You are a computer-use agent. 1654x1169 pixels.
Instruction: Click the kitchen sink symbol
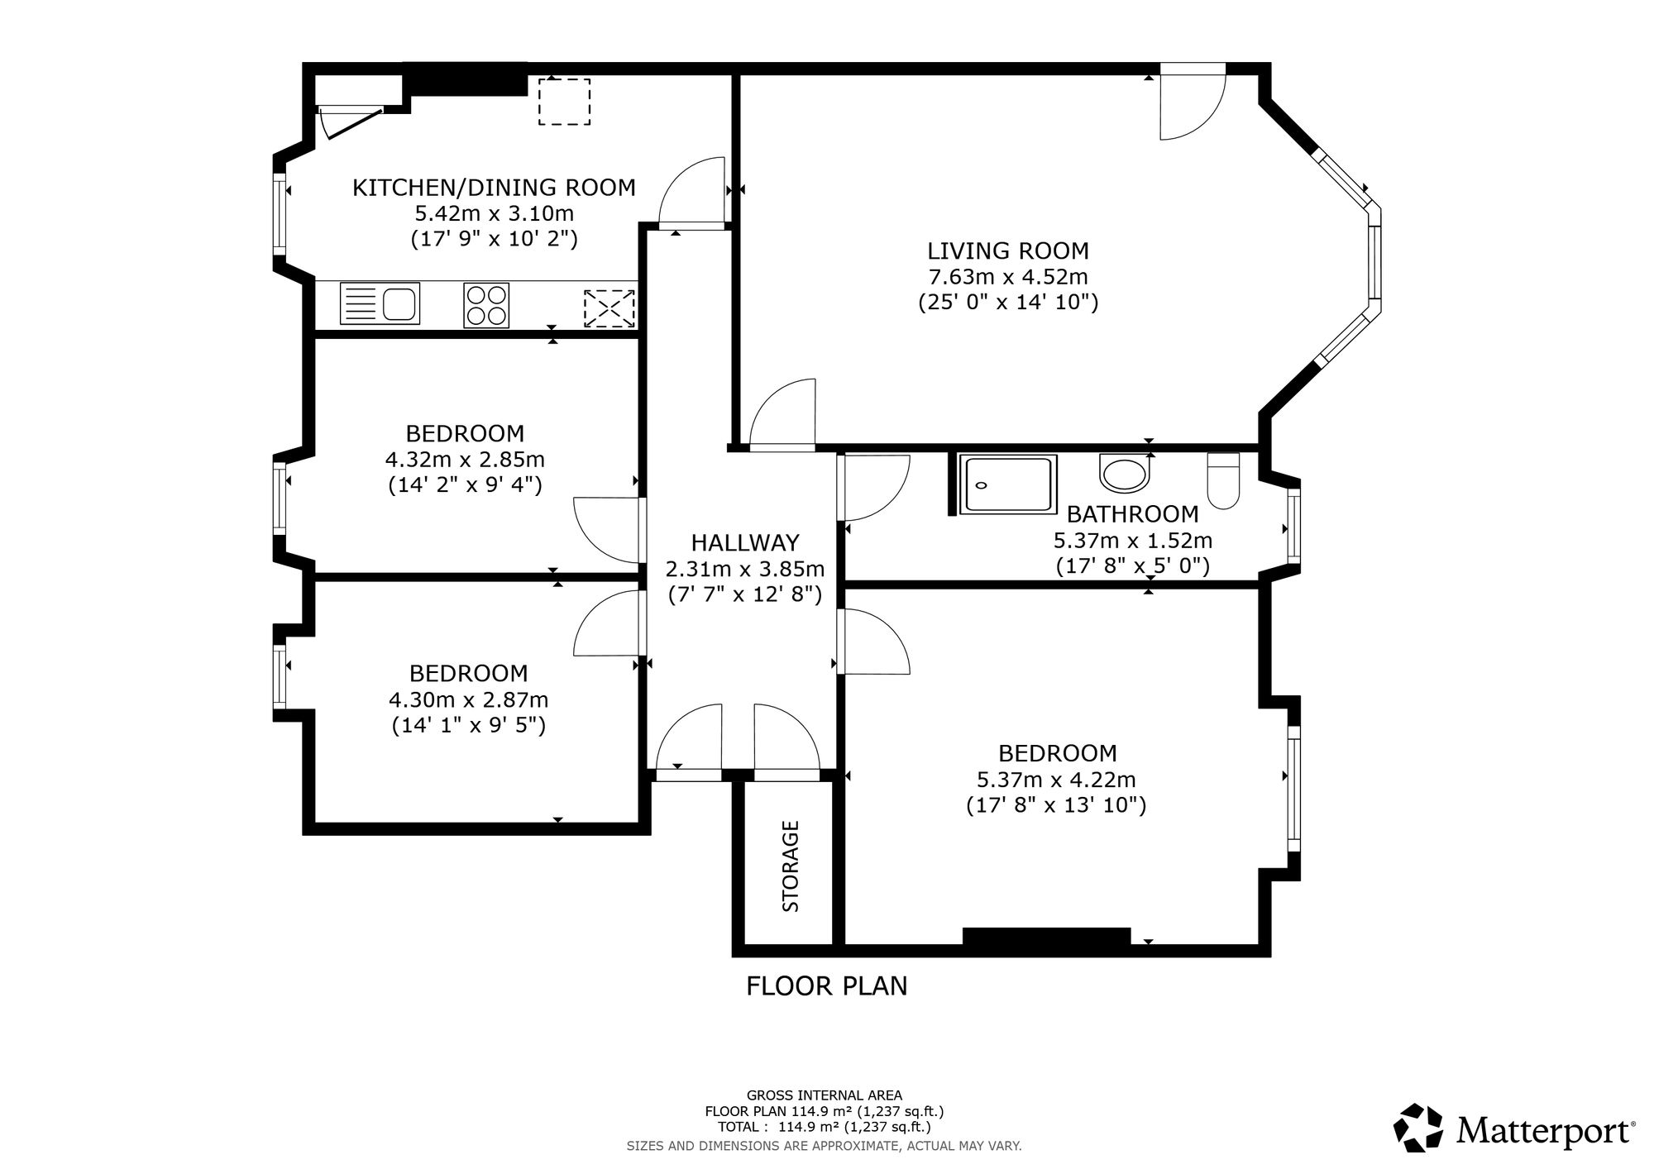click(x=380, y=303)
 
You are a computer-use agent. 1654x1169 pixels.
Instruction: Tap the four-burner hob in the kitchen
click(x=486, y=305)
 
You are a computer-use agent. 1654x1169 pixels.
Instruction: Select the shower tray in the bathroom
click(x=1007, y=484)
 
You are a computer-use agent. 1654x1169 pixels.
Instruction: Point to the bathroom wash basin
click(x=1124, y=472)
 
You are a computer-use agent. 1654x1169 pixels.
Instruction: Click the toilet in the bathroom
click(x=1224, y=480)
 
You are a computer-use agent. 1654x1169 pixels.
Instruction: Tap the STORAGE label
click(x=791, y=866)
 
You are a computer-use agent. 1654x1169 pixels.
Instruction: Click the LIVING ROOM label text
click(x=1008, y=250)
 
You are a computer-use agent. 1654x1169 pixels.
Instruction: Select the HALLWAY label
click(x=745, y=543)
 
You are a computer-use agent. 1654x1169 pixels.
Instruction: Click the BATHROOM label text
click(x=1132, y=514)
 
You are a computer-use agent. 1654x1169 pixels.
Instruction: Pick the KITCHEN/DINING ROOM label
click(x=494, y=188)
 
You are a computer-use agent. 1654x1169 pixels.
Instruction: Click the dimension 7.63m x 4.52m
click(x=1008, y=277)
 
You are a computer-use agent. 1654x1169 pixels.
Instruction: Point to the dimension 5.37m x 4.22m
click(x=1056, y=780)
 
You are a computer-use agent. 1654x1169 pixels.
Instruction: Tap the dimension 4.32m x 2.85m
click(x=465, y=459)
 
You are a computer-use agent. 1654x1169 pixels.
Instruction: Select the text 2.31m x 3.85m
click(x=745, y=570)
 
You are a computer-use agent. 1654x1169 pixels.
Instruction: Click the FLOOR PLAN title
click(x=827, y=986)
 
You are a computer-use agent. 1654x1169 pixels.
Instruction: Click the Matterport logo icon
click(x=1418, y=1128)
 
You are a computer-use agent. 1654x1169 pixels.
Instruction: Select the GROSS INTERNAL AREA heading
click(x=825, y=1095)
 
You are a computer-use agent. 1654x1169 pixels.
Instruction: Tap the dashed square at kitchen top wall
click(x=565, y=102)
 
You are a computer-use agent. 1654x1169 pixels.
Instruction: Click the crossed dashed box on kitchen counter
click(x=609, y=308)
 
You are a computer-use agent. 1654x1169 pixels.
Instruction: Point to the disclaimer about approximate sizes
click(x=825, y=1146)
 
